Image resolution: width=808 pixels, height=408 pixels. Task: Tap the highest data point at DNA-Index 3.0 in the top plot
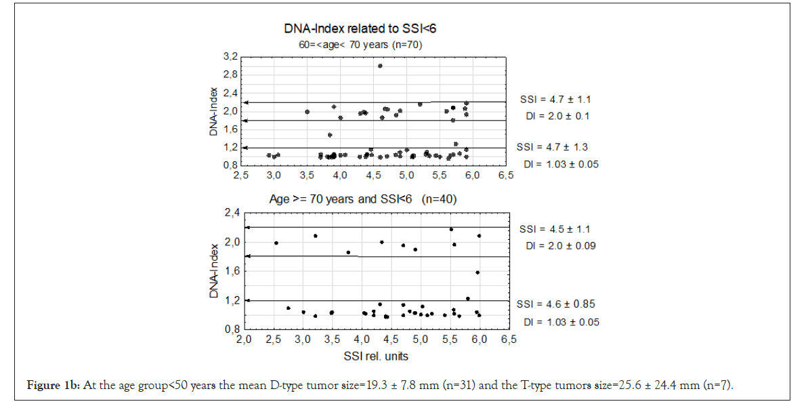pyautogui.click(x=380, y=66)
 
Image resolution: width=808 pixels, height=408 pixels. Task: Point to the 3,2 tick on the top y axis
pyautogui.click(x=231, y=56)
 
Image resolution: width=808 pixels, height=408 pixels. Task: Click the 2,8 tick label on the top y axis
pyautogui.click(x=231, y=75)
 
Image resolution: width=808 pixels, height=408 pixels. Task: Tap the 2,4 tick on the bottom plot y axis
pyautogui.click(x=232, y=213)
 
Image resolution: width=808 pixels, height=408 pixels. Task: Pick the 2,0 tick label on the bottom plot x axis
pyautogui.click(x=244, y=338)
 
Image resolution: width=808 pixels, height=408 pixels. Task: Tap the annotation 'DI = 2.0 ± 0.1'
pyautogui.click(x=557, y=116)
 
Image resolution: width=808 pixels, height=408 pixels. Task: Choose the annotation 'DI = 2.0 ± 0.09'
pyautogui.click(x=560, y=245)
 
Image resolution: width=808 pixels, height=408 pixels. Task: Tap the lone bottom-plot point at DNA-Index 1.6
pyautogui.click(x=477, y=272)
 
